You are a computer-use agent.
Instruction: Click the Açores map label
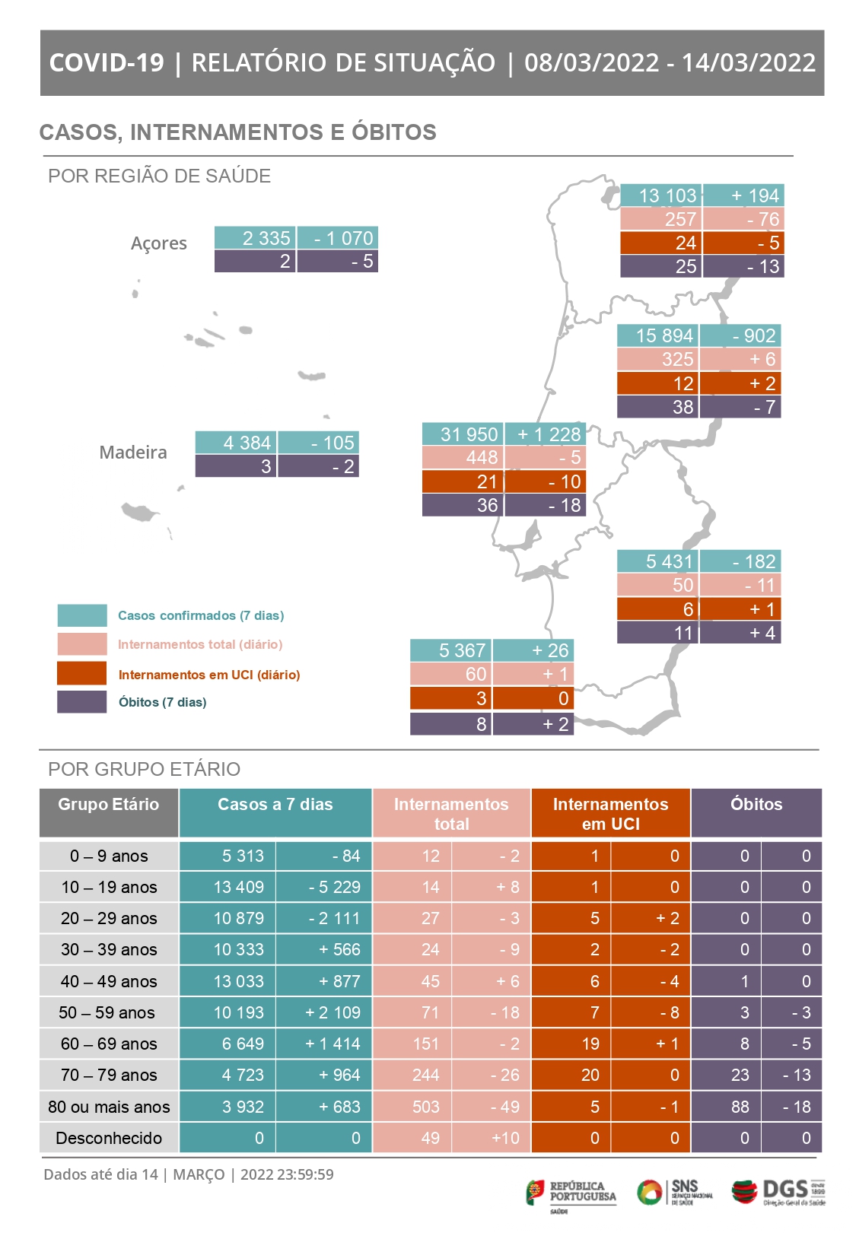pos(158,243)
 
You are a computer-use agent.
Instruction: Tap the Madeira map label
pos(133,453)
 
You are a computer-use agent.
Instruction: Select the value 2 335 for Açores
pos(255,238)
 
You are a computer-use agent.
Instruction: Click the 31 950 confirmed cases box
pos(462,434)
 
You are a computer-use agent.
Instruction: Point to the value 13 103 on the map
pos(660,195)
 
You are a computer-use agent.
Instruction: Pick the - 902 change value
pos(740,335)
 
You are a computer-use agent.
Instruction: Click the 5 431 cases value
pos(657,561)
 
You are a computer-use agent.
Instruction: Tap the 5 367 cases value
pos(451,650)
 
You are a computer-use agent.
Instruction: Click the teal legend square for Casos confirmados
pos(82,615)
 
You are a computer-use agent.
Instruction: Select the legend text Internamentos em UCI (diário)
pos(209,675)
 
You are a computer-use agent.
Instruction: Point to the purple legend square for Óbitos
pos(82,701)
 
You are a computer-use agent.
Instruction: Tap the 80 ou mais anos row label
pos(109,1107)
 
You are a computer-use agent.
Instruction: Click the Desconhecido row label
pos(109,1138)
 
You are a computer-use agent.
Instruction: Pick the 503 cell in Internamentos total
pos(426,1107)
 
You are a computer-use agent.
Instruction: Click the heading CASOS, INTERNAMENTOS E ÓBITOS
pos(237,132)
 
